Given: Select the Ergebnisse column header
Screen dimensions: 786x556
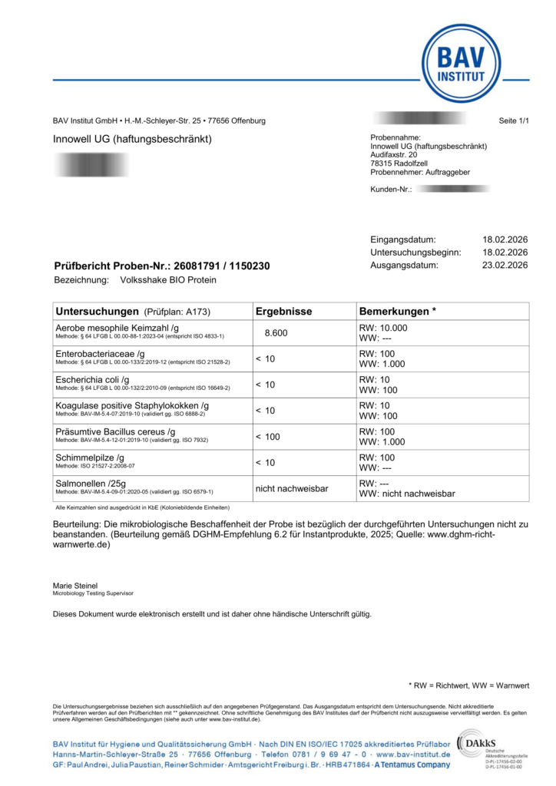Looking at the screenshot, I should (283, 312).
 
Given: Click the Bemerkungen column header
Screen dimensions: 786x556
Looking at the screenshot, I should (397, 312).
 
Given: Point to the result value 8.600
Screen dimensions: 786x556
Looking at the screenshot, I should (276, 333).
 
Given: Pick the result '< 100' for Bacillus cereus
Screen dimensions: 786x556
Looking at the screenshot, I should (268, 437).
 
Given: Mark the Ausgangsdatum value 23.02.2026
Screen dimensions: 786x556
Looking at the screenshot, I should (505, 266).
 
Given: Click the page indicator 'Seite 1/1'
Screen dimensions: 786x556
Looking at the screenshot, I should (514, 121).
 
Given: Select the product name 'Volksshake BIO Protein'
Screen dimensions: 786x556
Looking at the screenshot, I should (168, 280).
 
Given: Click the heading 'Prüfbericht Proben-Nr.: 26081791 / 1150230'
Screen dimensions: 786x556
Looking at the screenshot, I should (161, 266).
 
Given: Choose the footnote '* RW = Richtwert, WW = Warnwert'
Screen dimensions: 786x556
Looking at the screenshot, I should (468, 685).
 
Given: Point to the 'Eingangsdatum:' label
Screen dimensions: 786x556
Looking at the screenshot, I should (402, 239).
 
